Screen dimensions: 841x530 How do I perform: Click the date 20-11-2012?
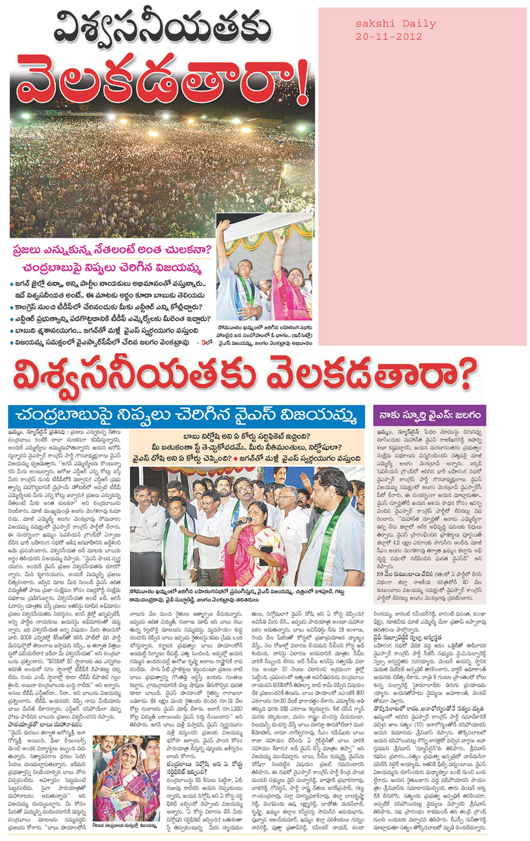click(x=388, y=37)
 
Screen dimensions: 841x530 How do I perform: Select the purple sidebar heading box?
click(x=430, y=415)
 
